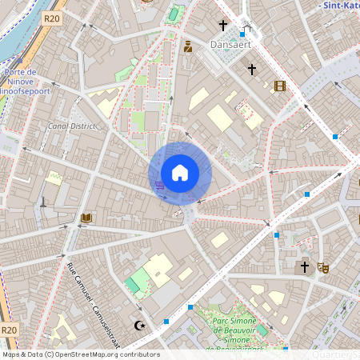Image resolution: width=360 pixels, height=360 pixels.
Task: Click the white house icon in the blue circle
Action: click(x=180, y=173)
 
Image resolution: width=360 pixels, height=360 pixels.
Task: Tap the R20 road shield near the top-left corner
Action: click(x=52, y=18)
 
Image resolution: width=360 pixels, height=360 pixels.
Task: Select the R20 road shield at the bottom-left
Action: click(x=9, y=330)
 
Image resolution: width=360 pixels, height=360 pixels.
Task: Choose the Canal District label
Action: click(x=72, y=126)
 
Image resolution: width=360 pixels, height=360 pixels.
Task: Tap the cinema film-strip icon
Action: click(x=279, y=86)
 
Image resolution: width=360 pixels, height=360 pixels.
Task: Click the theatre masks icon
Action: click(x=323, y=267)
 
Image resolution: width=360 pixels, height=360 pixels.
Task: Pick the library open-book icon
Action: click(x=86, y=218)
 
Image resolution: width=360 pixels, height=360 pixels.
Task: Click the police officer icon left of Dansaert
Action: click(x=188, y=46)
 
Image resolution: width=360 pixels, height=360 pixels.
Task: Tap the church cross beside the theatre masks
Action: click(x=304, y=267)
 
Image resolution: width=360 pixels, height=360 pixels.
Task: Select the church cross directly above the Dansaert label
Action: click(x=223, y=26)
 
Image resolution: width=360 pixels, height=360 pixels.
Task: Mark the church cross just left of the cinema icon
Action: click(x=251, y=70)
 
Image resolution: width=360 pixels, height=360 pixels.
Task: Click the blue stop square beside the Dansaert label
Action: click(x=242, y=34)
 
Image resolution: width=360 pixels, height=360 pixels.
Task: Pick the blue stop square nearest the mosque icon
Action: click(x=166, y=321)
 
